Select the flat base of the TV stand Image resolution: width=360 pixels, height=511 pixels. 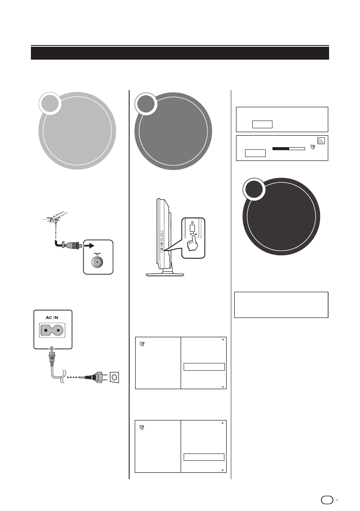[x=165, y=273]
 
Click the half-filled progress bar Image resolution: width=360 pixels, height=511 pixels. [x=289, y=148]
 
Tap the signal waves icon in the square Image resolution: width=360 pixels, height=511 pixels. [x=321, y=140]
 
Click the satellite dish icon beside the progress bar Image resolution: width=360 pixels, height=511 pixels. [x=312, y=148]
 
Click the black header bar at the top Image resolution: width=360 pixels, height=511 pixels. [x=180, y=53]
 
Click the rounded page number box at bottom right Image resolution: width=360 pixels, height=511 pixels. [x=326, y=499]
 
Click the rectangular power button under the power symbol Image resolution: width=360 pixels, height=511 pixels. [x=193, y=230]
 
